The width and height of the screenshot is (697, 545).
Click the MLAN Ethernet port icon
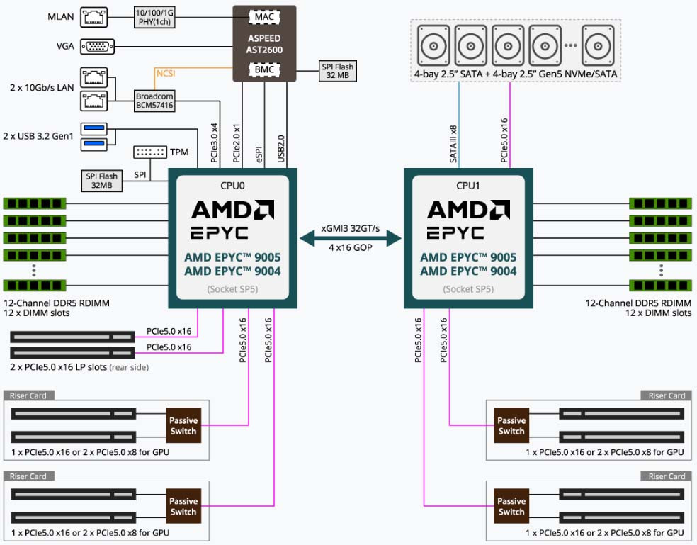93,17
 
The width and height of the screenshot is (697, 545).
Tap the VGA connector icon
97,46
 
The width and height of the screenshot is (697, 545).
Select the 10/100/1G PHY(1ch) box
154,17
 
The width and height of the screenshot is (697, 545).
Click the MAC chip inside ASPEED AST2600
264,17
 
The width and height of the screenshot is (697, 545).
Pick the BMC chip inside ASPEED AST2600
264,69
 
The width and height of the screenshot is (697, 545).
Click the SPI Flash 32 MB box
338,71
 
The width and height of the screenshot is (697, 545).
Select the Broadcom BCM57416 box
154,101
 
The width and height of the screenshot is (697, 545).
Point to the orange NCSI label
166,73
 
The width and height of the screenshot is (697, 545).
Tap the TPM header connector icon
150,152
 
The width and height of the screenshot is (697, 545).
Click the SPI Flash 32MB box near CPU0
102,181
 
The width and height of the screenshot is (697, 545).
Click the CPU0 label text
232,186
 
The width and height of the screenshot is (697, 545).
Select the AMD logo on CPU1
468,210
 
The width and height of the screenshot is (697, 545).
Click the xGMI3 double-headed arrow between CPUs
351,238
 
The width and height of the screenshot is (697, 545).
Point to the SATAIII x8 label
453,144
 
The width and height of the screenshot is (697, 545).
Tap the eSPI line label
259,154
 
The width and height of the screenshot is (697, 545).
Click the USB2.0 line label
281,149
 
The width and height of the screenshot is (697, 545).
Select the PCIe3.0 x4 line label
214,143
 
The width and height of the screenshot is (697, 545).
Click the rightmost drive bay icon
598,45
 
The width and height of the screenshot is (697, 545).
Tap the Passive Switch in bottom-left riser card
183,506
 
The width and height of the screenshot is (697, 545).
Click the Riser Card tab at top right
667,395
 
